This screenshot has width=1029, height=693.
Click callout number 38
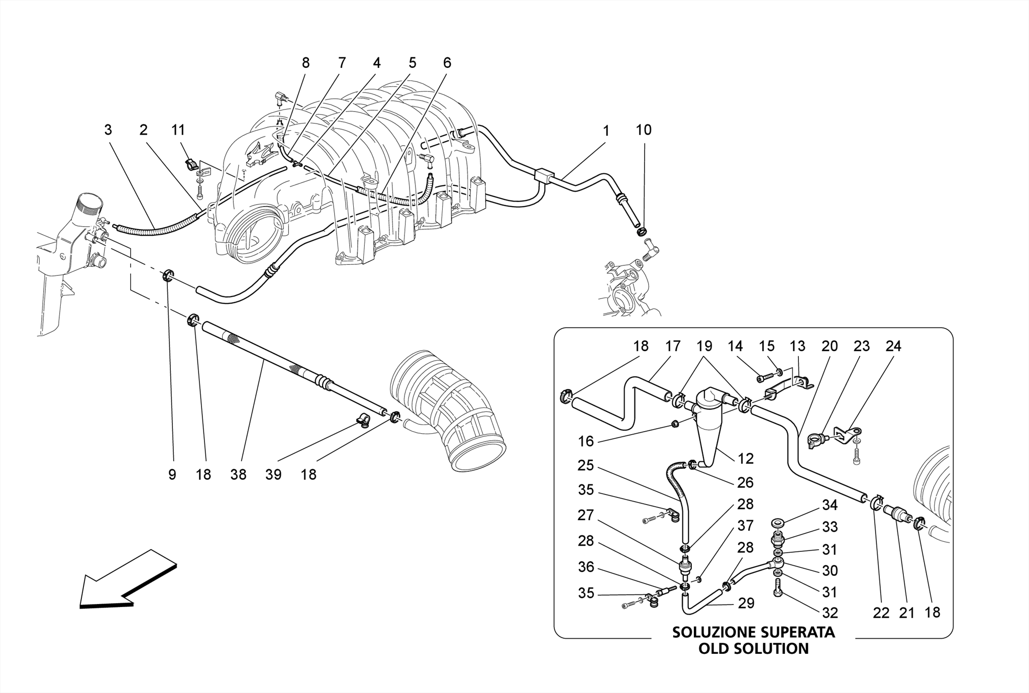point(238,474)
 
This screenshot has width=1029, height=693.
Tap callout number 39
point(273,474)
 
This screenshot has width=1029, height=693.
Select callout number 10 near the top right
point(643,130)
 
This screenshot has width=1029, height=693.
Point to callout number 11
point(178,130)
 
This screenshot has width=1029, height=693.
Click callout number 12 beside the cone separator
point(746,458)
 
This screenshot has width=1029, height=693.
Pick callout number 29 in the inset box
point(746,603)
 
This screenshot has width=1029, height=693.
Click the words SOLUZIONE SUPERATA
point(753,632)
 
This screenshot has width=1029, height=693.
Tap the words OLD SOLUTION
point(753,649)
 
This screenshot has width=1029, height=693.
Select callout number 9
point(172,474)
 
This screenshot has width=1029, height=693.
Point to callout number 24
point(893,346)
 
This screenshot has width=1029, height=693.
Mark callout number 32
point(830,613)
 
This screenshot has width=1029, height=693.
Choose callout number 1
point(606,131)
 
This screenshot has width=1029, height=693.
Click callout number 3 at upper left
point(108,130)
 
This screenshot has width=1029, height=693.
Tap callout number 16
point(586,441)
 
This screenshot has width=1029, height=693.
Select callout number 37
point(745,526)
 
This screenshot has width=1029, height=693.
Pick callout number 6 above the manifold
point(447,63)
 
